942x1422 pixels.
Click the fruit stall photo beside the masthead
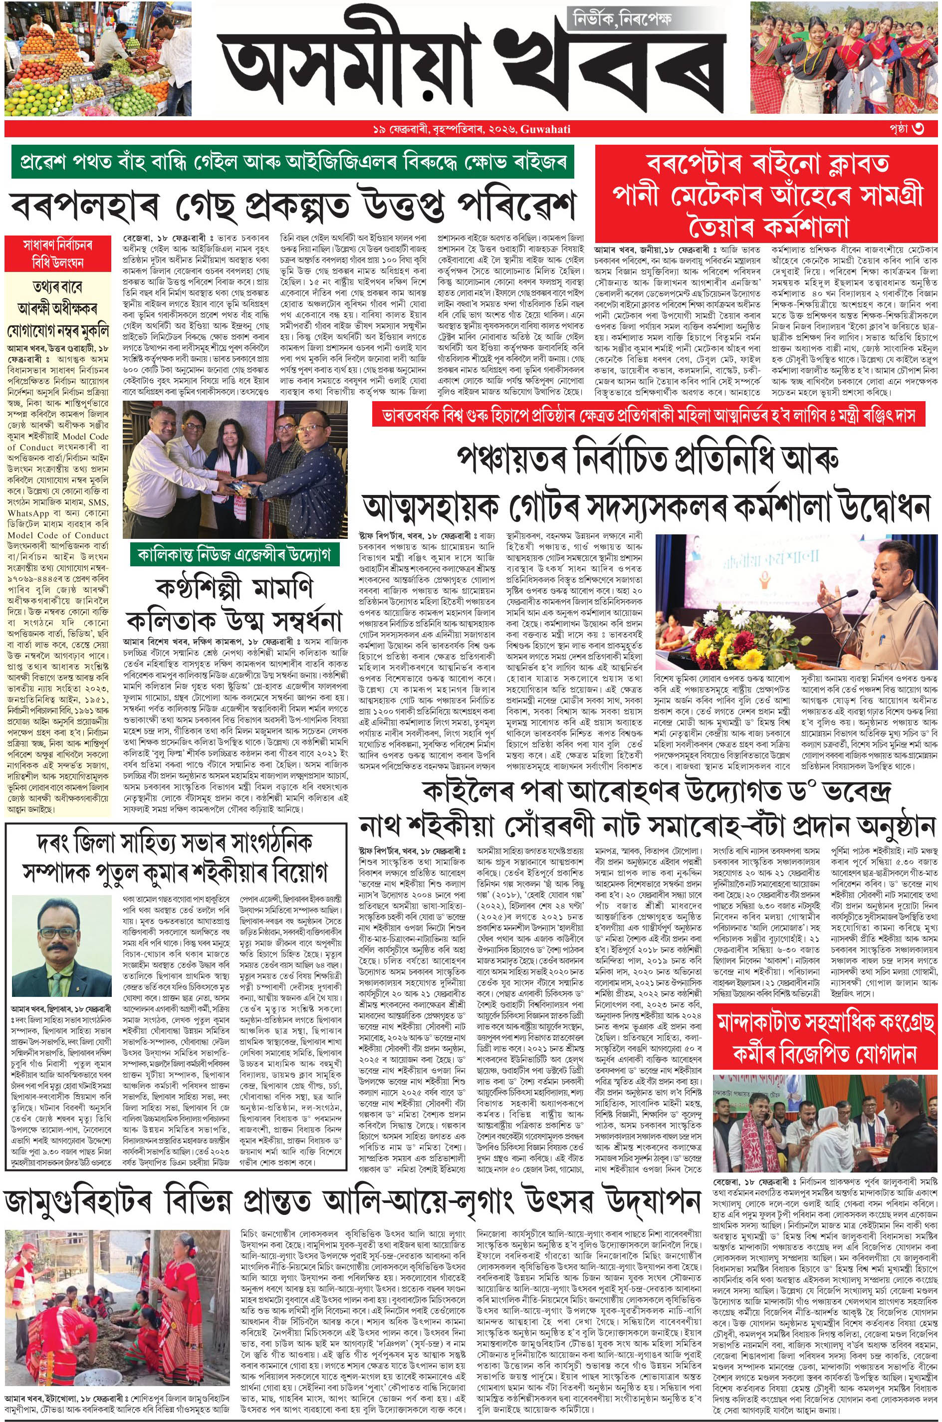coord(98,58)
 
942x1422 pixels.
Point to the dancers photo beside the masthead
coord(844,58)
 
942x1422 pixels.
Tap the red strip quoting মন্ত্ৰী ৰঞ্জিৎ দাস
coord(647,415)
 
